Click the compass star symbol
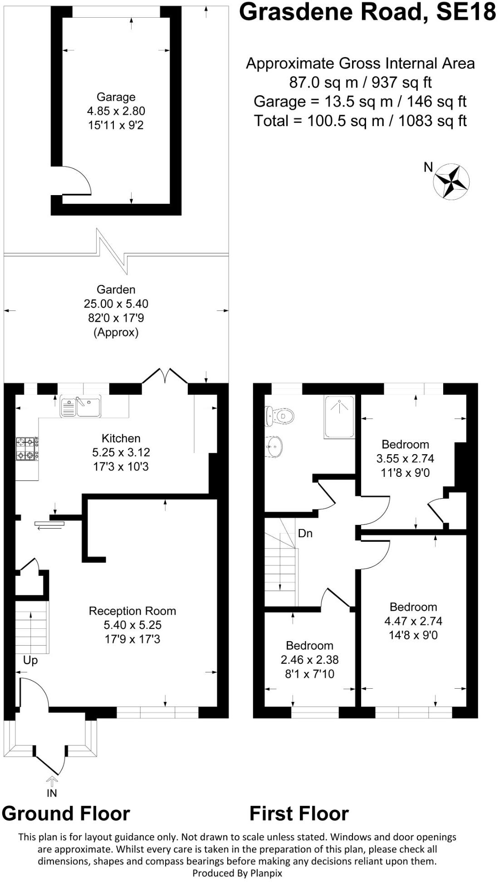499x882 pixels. click(451, 182)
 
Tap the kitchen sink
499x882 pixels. click(81, 407)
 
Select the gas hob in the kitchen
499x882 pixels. click(27, 448)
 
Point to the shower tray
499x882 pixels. click(339, 417)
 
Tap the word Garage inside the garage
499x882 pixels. click(116, 97)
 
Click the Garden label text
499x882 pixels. click(116, 289)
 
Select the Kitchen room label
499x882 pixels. click(121, 438)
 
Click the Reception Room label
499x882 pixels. click(132, 611)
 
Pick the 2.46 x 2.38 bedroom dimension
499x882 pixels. click(309, 660)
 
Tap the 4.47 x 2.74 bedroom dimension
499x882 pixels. click(413, 621)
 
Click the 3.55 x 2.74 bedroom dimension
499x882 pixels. click(405, 459)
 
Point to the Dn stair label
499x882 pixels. click(305, 534)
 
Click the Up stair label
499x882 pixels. click(30, 660)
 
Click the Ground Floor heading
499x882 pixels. click(66, 814)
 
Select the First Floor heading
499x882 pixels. click(299, 814)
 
